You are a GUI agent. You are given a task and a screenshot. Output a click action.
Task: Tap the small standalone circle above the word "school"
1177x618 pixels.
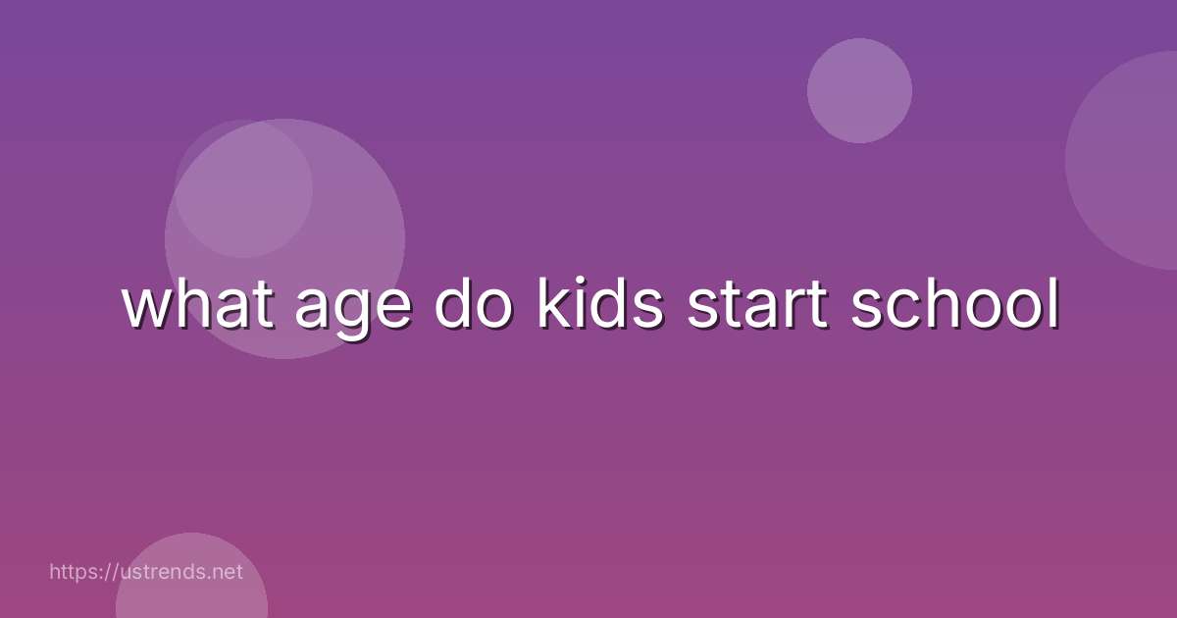tap(859, 90)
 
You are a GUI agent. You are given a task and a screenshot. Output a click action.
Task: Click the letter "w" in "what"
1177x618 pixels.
tap(145, 309)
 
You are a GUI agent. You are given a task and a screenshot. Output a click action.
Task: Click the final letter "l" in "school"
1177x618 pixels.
tap(1053, 305)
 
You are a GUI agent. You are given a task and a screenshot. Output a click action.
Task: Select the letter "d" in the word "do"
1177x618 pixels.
tap(454, 305)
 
